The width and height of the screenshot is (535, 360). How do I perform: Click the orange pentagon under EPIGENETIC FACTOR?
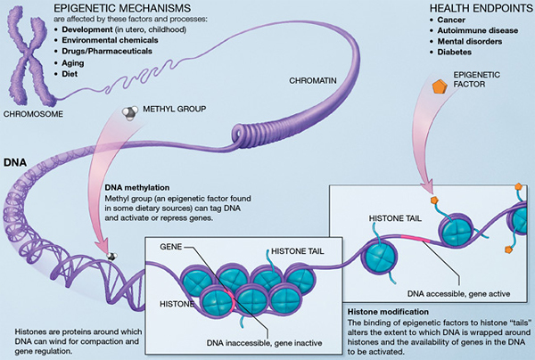click(439, 87)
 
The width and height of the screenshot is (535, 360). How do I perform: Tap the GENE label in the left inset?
click(172, 244)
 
